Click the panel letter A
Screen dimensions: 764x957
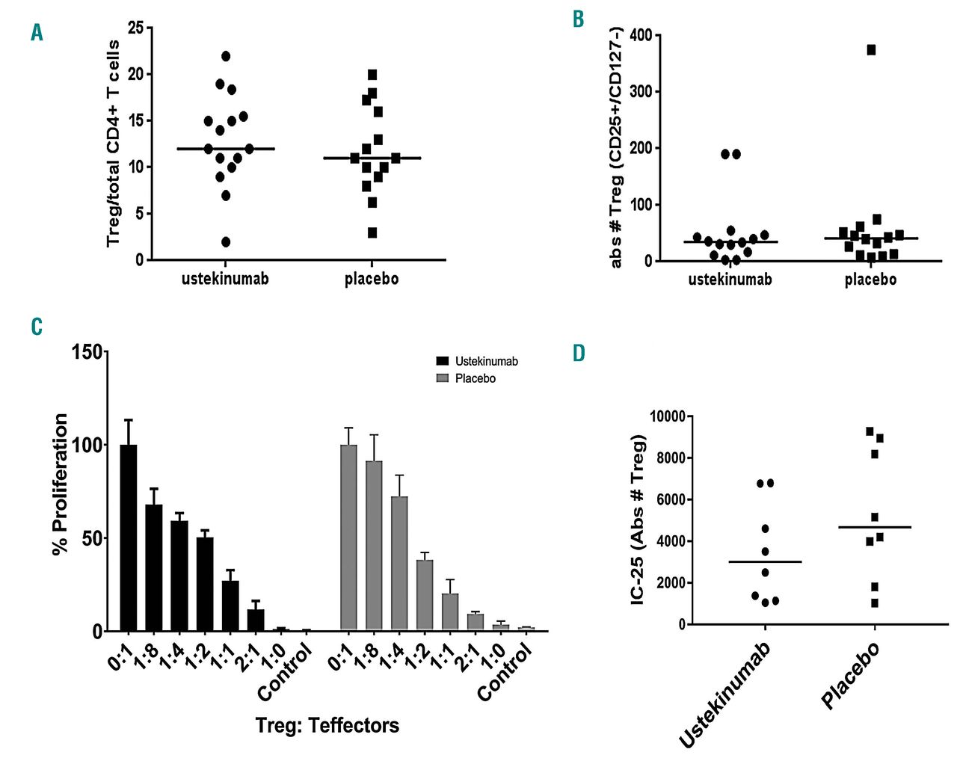(37, 32)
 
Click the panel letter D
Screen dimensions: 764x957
(579, 353)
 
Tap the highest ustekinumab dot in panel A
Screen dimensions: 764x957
(226, 56)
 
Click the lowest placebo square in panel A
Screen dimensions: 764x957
(372, 232)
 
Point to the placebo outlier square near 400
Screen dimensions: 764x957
(871, 50)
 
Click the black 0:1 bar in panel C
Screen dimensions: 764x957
(129, 537)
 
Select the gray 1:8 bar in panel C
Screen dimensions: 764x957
(374, 546)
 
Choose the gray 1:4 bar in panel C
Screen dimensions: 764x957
(399, 564)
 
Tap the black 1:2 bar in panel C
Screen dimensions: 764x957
(205, 584)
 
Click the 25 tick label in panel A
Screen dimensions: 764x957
(135, 28)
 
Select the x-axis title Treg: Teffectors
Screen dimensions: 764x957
(327, 725)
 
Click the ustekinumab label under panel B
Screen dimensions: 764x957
(730, 280)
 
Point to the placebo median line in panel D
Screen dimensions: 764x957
(874, 527)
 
